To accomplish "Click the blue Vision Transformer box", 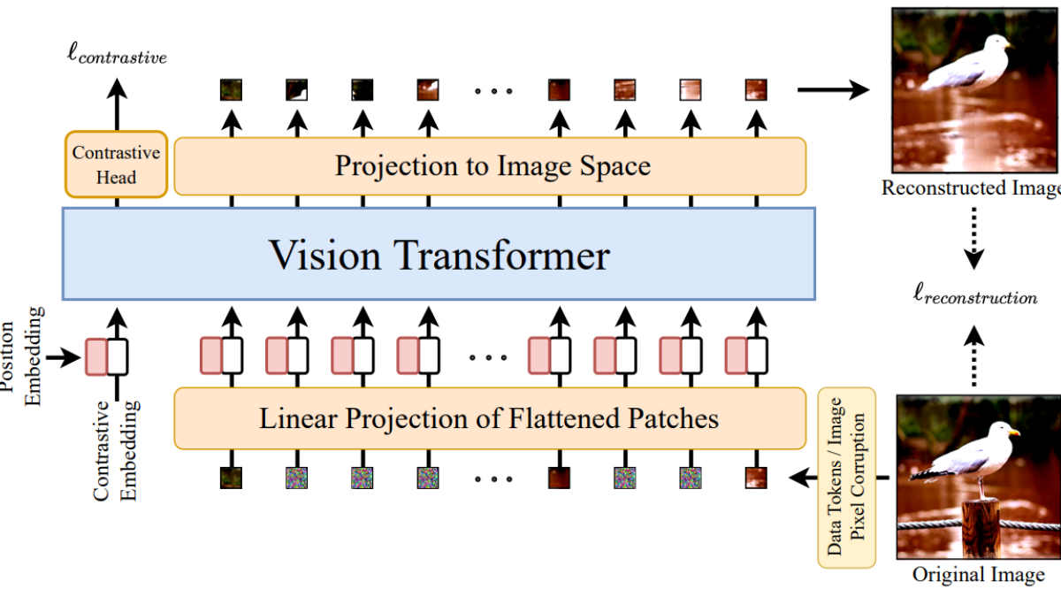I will [x=439, y=255].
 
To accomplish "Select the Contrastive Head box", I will [x=116, y=165].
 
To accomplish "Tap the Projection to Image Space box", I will [x=491, y=165].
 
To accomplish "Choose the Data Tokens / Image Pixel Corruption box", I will [x=846, y=478].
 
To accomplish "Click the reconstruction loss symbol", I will [x=974, y=295].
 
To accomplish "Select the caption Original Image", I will [x=978, y=575].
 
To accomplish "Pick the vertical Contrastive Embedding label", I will [x=116, y=451].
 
